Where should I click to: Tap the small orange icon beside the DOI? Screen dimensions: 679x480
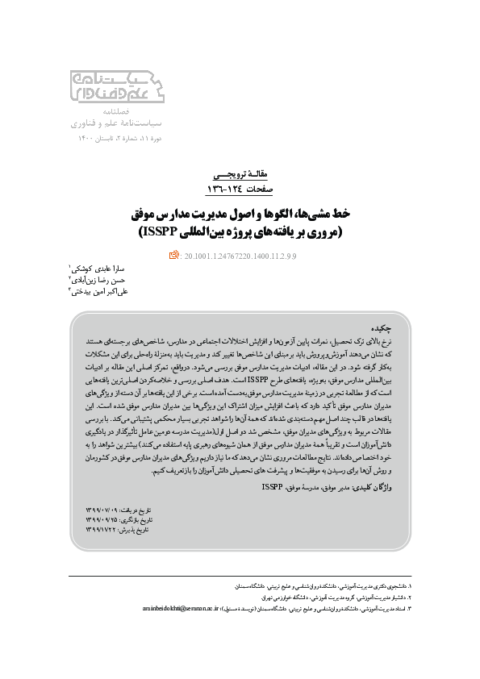tap(173, 256)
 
